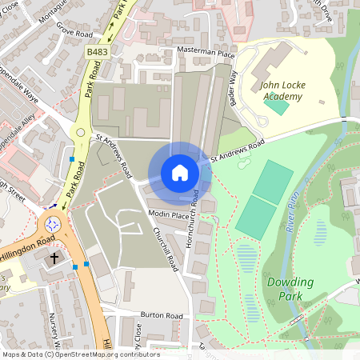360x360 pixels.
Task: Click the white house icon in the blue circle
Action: tap(180, 173)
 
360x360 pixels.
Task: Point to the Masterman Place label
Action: tap(206, 53)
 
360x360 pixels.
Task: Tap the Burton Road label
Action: tap(162, 316)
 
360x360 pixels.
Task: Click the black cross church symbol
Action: tap(55, 258)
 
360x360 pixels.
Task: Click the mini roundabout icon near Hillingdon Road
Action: tap(54, 225)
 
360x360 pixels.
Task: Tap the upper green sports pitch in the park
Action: tap(272, 182)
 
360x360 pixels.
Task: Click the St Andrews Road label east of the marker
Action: tap(238, 151)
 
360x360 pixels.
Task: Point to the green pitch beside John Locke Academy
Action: tap(276, 105)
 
